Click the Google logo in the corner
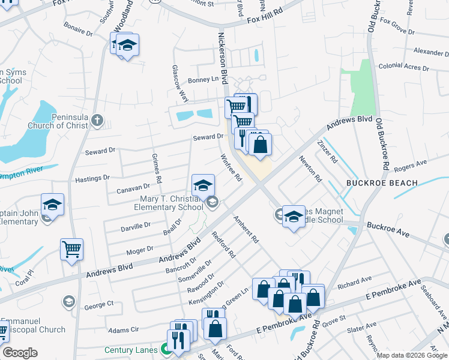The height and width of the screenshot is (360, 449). (x=20, y=353)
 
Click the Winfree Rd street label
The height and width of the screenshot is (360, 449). (x=231, y=169)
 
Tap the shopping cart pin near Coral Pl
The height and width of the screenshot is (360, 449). (x=72, y=249)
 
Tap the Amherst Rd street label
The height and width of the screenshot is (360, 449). (x=246, y=229)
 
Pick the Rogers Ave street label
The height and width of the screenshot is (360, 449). (x=410, y=162)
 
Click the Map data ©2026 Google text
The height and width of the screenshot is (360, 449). (x=411, y=355)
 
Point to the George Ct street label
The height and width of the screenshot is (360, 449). (x=98, y=305)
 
